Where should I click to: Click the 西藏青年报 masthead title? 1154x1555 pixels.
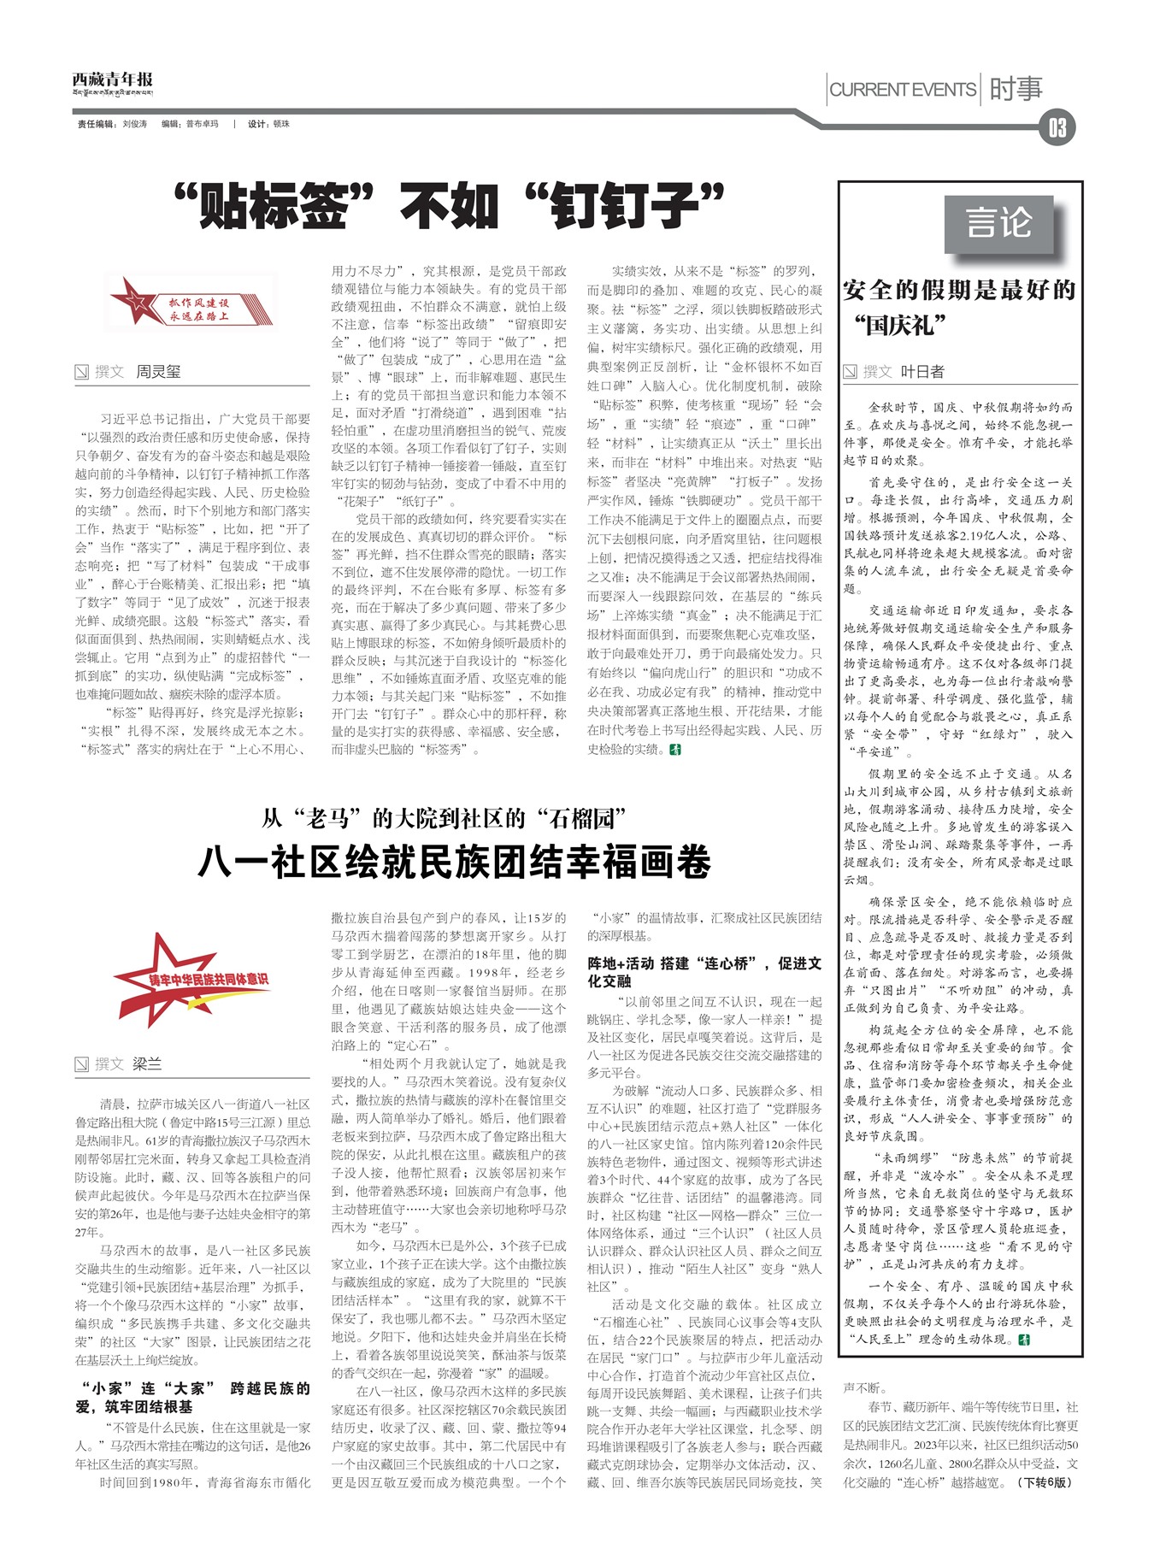[112, 80]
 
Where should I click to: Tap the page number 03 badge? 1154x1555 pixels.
[1057, 128]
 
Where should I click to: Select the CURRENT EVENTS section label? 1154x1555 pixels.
[903, 90]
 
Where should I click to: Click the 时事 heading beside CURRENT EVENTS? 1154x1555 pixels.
[1016, 89]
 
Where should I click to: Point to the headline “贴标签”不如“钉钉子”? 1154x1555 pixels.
[448, 206]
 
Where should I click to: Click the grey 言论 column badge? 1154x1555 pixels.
[999, 223]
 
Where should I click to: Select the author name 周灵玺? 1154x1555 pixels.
[159, 372]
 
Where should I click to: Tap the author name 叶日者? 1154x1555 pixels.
[922, 371]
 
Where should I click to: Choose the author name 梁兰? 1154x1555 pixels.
[147, 1063]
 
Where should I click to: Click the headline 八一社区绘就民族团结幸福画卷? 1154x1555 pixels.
[454, 862]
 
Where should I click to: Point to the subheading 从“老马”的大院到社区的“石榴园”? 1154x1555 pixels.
[445, 819]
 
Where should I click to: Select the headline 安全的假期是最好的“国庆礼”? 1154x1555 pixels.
[958, 307]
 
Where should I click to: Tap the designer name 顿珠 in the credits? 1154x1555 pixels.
[281, 124]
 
